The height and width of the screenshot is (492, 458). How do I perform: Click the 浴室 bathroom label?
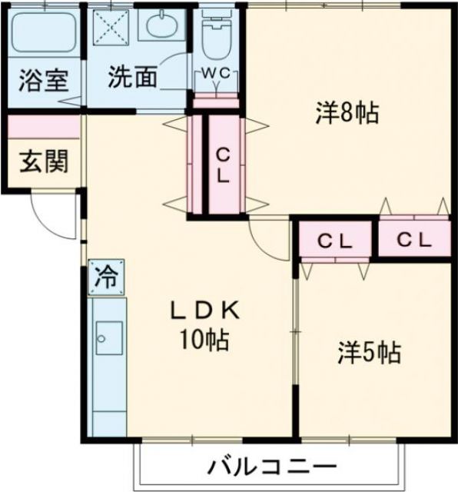[x=44, y=79]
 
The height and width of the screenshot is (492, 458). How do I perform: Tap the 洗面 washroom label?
[x=132, y=77]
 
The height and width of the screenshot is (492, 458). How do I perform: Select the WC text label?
[x=215, y=72]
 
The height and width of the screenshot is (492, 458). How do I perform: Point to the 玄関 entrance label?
[x=43, y=161]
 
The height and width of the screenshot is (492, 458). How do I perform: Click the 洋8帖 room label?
[x=345, y=113]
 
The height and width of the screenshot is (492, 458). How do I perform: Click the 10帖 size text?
[x=205, y=338]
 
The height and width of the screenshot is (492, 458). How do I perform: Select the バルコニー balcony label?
[x=272, y=466]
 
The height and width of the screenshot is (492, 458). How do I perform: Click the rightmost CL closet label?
[x=413, y=240]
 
